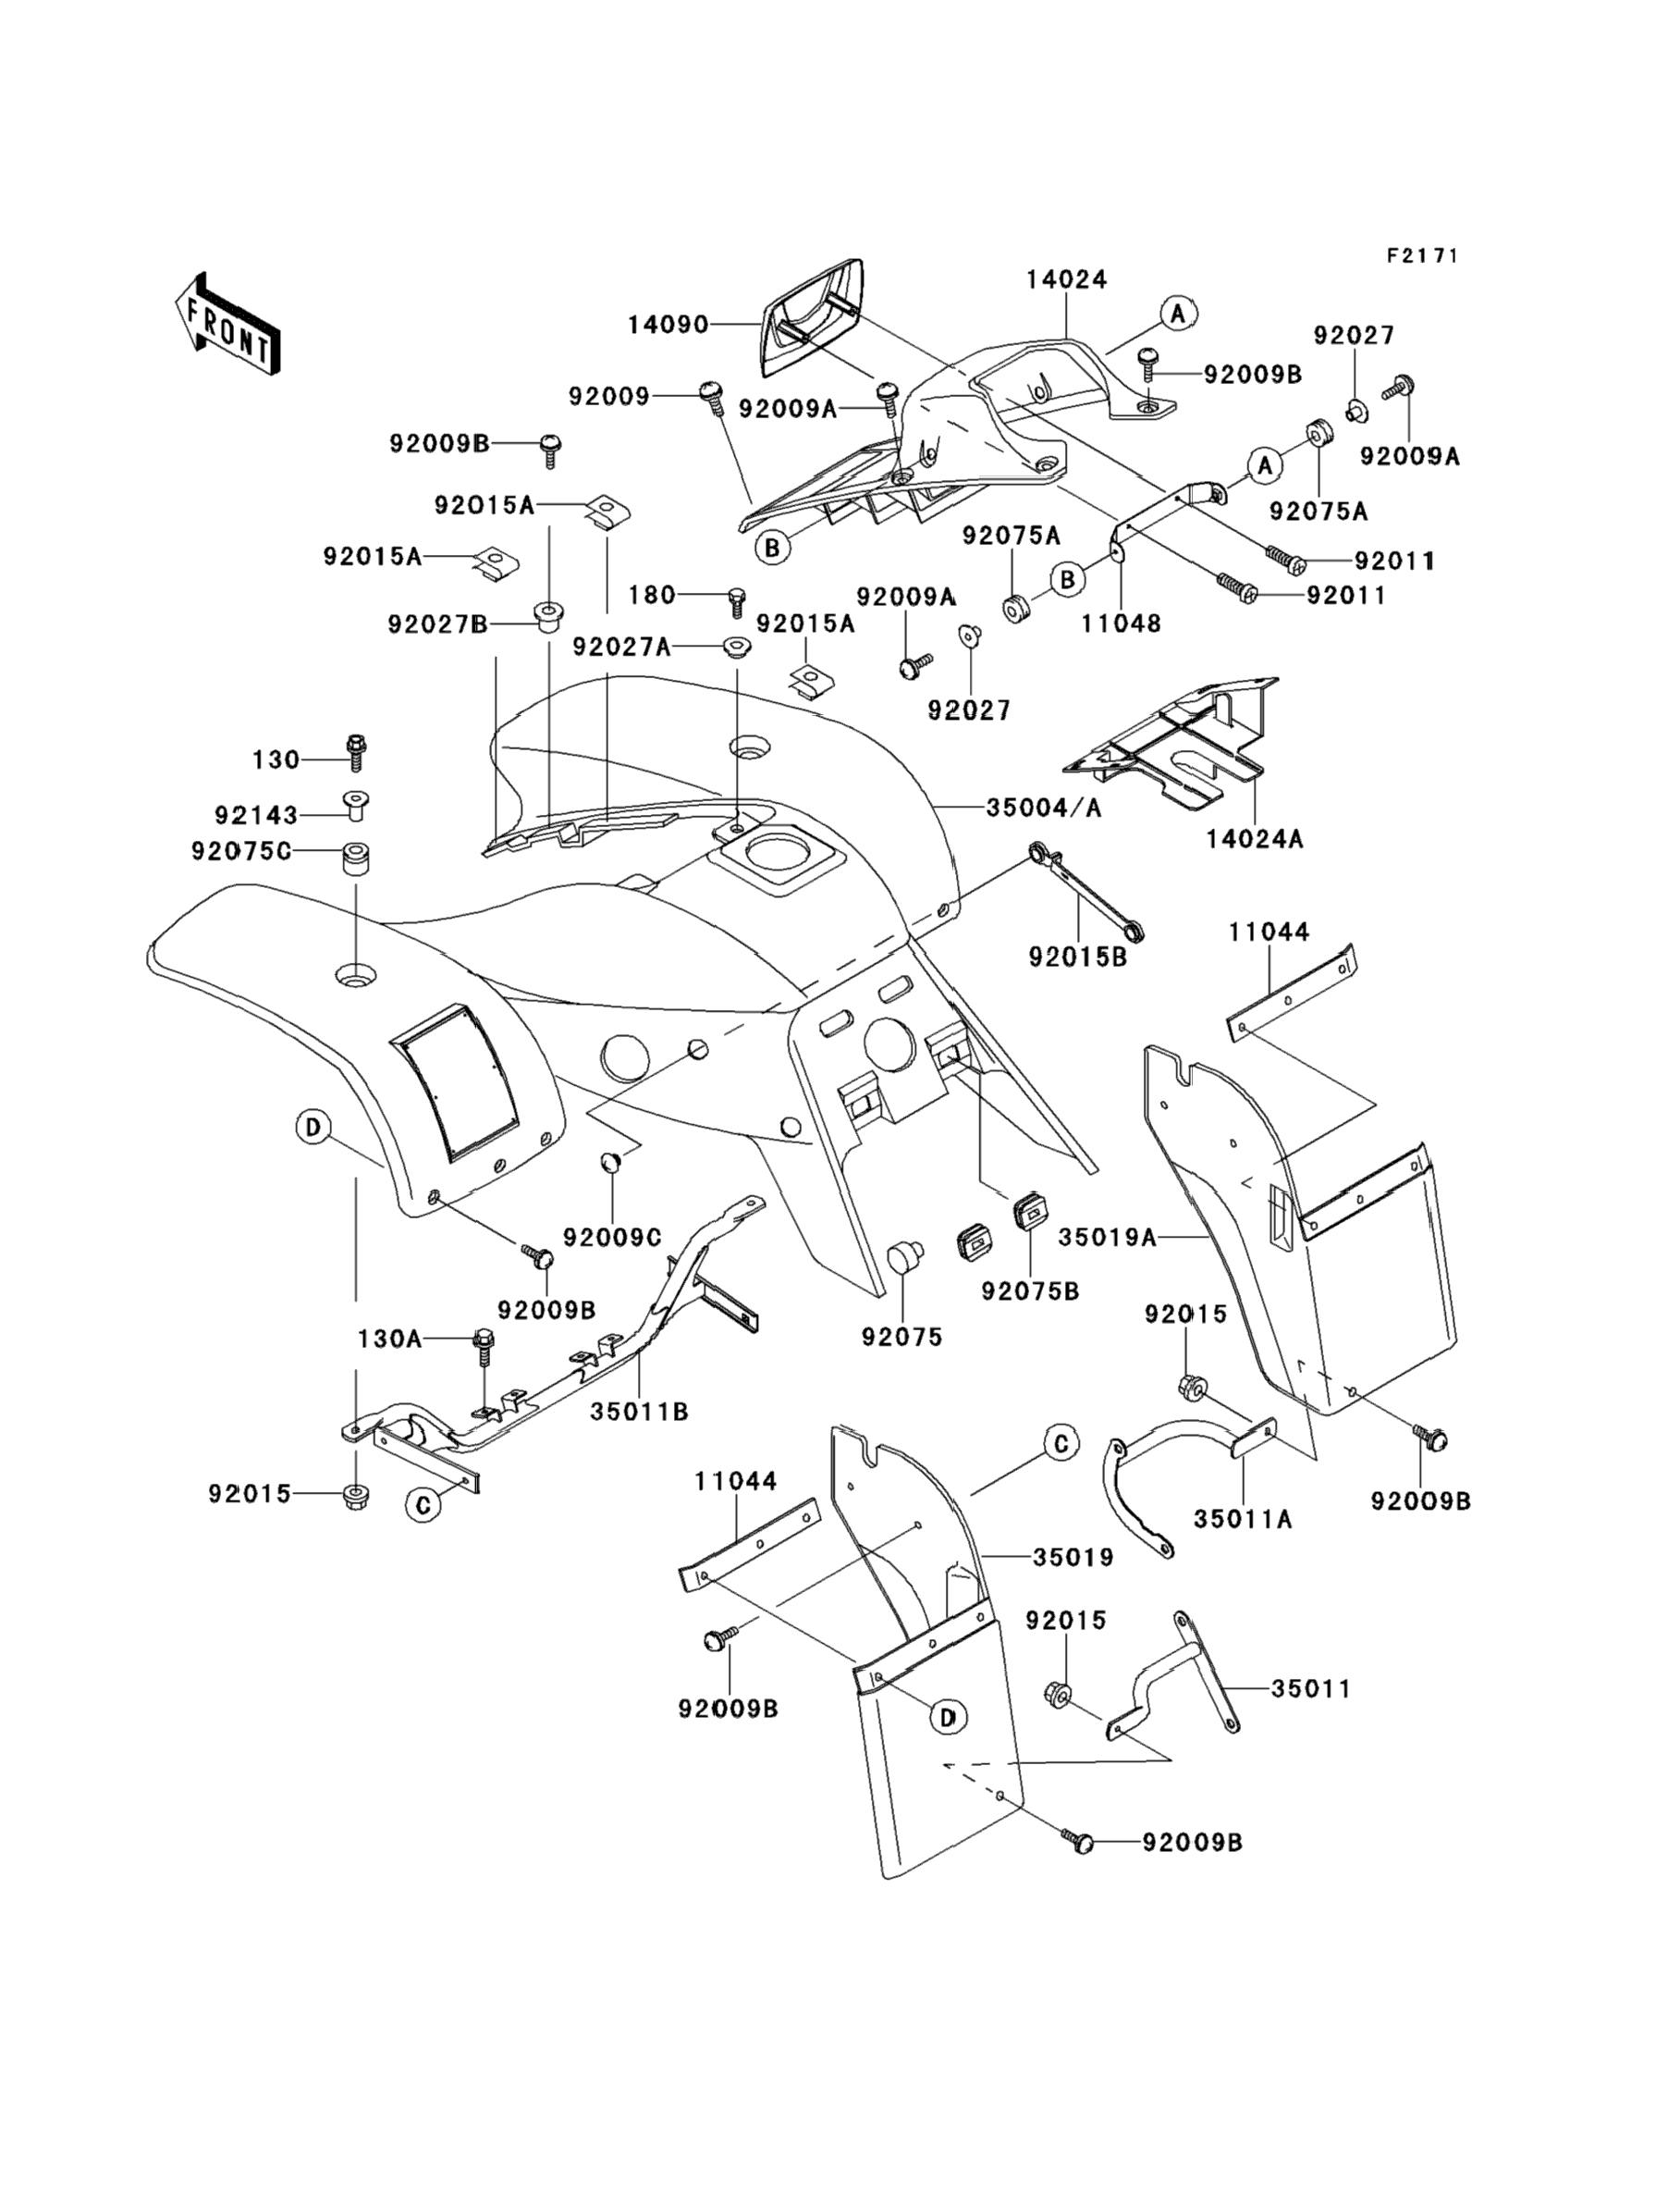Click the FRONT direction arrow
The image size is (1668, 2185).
(x=227, y=325)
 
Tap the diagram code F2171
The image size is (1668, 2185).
(x=1423, y=256)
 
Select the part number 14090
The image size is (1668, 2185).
(x=668, y=325)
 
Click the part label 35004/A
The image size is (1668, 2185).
(x=1044, y=809)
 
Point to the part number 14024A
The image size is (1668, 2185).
(x=1255, y=839)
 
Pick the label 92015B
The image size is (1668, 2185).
(x=1077, y=958)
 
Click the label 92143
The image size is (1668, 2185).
(x=256, y=815)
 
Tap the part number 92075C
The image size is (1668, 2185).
(x=241, y=851)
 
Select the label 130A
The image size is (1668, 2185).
(x=389, y=1339)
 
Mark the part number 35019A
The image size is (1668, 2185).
(x=1107, y=1238)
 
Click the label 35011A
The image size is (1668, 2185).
(x=1243, y=1520)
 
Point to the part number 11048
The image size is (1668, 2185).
(x=1121, y=623)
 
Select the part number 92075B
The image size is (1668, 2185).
(x=1030, y=1291)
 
